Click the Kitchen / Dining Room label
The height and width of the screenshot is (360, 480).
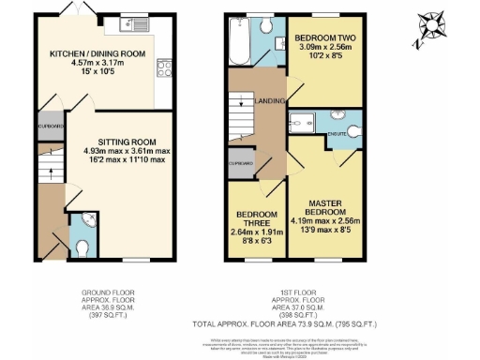(97, 54)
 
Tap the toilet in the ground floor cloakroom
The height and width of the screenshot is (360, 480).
(82, 246)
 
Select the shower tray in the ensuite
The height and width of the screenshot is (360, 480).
(302, 120)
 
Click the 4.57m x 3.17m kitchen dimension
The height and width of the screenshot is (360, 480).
(97, 65)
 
